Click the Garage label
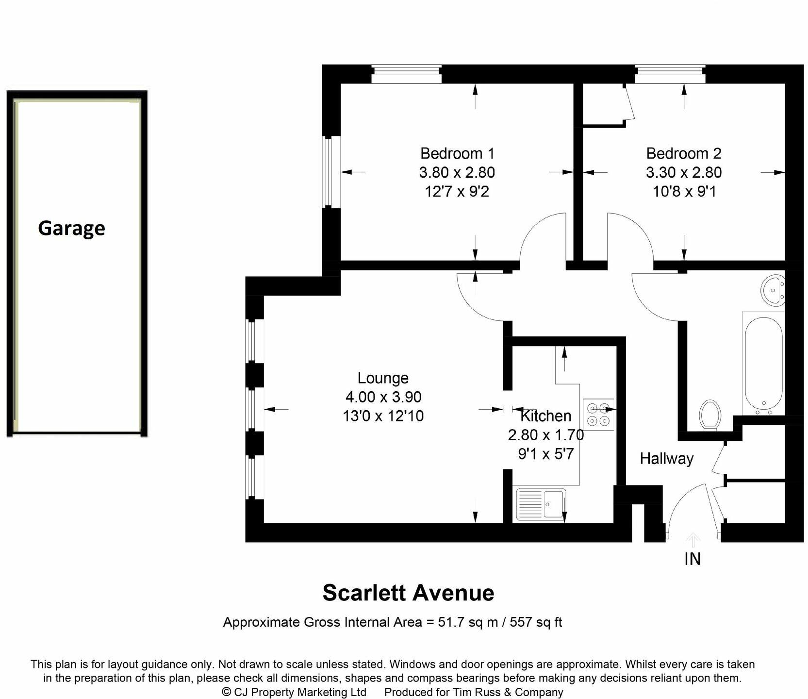coord(71,228)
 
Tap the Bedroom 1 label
coord(457,153)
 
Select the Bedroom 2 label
coord(684,153)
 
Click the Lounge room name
coord(383,378)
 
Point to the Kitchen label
coord(545,416)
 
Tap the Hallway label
coord(666,459)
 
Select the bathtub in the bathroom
coord(763,363)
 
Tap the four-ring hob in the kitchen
coord(598,414)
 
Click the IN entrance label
coord(693,559)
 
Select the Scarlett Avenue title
coord(408,593)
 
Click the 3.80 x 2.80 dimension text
coord(457,172)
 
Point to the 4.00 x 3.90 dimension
coord(383,397)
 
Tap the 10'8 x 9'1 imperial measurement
coord(684,192)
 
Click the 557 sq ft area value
coord(536,622)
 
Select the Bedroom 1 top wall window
coord(406,75)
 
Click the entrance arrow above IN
coord(693,540)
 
